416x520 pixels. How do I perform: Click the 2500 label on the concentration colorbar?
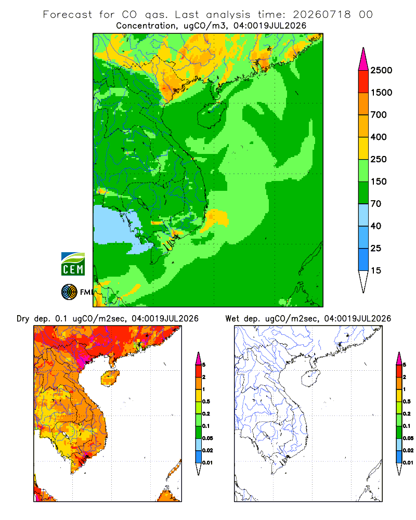(x=381, y=70)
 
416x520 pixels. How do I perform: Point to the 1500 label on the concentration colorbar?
(x=381, y=93)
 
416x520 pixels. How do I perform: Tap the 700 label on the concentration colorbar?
(x=379, y=115)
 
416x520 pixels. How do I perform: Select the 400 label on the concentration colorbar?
(x=379, y=137)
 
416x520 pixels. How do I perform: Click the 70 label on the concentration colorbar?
(x=376, y=204)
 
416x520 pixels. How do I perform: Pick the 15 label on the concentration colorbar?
(x=376, y=270)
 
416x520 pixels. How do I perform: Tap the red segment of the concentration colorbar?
(x=363, y=82)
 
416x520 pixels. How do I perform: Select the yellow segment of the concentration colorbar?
(x=363, y=148)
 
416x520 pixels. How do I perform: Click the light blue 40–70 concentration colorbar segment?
(x=363, y=215)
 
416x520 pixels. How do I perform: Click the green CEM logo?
(x=73, y=264)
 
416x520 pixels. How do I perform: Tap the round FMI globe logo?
(x=69, y=292)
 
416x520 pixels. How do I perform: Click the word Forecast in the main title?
(x=68, y=15)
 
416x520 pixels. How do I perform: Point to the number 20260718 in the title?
(x=321, y=15)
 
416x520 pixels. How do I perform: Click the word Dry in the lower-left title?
(x=23, y=319)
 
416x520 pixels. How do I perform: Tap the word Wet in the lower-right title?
(x=232, y=319)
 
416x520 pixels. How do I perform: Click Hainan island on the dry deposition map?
(x=110, y=379)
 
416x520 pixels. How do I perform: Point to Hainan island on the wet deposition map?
(x=310, y=379)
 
